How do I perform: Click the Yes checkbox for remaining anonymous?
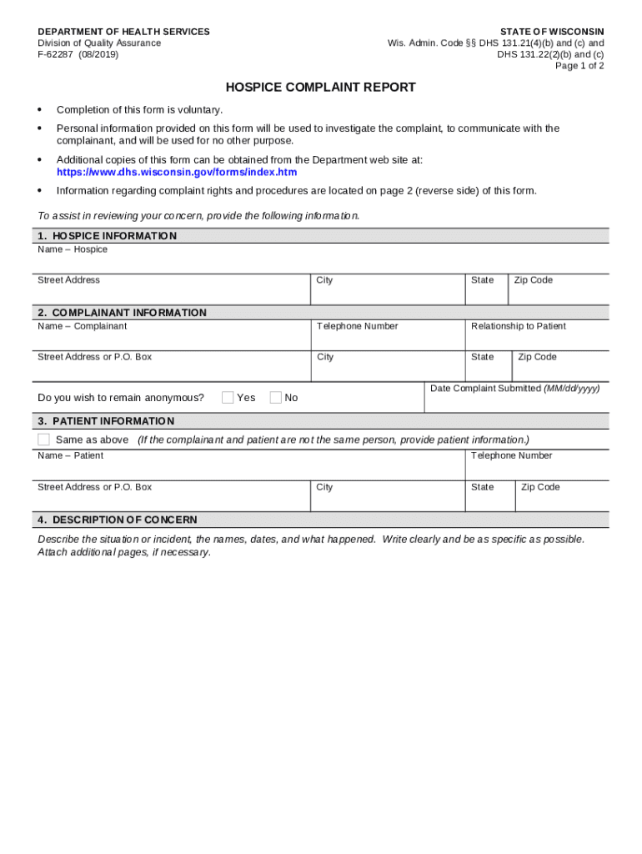tap(228, 398)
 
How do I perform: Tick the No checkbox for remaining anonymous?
tap(276, 398)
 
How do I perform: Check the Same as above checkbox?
tap(44, 440)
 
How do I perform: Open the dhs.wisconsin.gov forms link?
tap(176, 173)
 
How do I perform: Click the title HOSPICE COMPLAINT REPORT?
tap(320, 88)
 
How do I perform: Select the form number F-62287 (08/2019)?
tap(78, 54)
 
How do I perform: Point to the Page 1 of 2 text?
tap(579, 66)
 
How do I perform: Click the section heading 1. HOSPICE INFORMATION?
tap(107, 236)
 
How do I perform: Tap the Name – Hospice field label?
tap(73, 249)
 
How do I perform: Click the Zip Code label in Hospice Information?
tap(533, 280)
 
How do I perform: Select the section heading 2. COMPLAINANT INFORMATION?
tap(122, 313)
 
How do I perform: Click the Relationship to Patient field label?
tap(518, 326)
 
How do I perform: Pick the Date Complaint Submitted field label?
tap(514, 389)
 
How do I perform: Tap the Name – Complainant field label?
tap(82, 326)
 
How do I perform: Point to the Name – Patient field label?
tap(70, 455)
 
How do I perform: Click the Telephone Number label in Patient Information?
tap(511, 455)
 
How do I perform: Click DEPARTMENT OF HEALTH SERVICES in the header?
tap(123, 32)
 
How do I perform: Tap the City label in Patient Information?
tap(324, 487)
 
